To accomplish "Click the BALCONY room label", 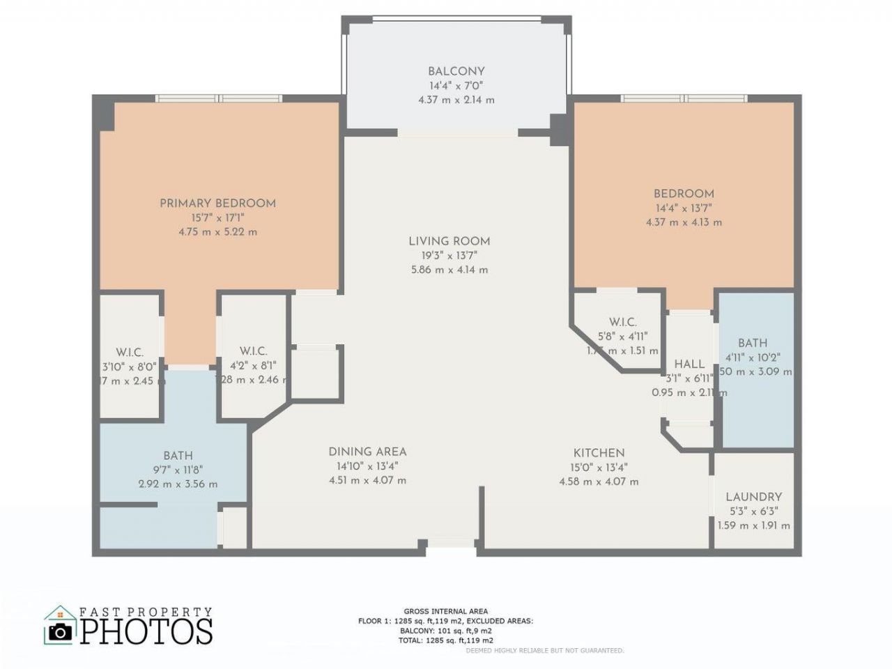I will click(x=456, y=71).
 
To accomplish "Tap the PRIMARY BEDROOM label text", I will click(x=217, y=203).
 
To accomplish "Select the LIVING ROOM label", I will click(x=449, y=241).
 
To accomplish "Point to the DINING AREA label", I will click(x=367, y=452).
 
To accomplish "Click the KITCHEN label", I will click(x=599, y=453).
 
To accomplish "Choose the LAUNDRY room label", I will click(x=753, y=497).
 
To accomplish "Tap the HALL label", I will click(x=689, y=364).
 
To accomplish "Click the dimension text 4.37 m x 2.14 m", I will click(x=456, y=100).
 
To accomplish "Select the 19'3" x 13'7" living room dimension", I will click(x=449, y=255).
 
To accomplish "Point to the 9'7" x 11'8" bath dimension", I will click(x=178, y=470).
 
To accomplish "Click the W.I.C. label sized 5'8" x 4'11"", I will click(x=622, y=322).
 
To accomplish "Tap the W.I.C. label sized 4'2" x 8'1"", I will click(x=253, y=351).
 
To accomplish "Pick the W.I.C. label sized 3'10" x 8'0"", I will click(x=130, y=352).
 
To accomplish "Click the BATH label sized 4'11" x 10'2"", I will click(x=753, y=343).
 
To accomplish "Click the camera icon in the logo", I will click(x=61, y=631).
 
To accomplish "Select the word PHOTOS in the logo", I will click(x=146, y=631).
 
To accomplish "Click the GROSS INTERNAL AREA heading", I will click(x=445, y=611).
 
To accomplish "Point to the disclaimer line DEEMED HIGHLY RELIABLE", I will click(x=544, y=650).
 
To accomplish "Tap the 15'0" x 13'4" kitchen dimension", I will click(x=599, y=467).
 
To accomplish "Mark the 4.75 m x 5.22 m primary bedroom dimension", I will click(x=217, y=231).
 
